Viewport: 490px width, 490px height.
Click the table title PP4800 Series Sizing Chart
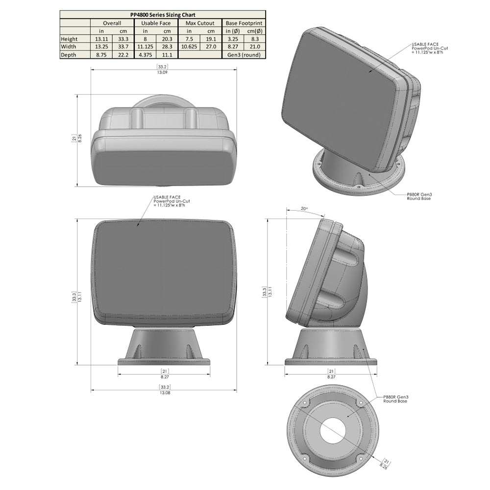coord(162,15)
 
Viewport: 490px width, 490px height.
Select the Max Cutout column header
coord(200,23)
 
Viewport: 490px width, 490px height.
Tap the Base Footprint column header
coord(244,23)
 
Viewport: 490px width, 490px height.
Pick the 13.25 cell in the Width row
coord(101,47)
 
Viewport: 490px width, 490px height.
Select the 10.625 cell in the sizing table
coord(189,47)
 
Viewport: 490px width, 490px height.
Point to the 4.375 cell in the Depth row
coord(145,55)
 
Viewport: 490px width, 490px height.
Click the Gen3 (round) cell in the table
coord(244,55)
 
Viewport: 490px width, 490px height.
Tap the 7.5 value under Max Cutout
coord(189,39)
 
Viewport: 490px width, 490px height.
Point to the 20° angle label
coord(304,209)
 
